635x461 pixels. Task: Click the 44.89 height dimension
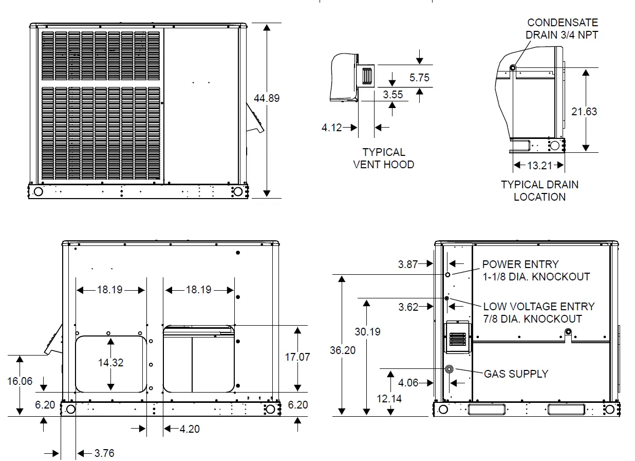[267, 98]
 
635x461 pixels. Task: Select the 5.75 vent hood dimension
[419, 78]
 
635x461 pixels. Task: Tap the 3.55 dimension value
[393, 95]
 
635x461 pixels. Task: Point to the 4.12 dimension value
[332, 127]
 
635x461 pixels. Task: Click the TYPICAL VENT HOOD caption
[384, 158]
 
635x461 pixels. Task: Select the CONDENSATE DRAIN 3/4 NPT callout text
[562, 29]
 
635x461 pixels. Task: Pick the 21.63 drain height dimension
[584, 111]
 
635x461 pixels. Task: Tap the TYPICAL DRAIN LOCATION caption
[539, 190]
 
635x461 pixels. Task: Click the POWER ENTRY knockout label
[535, 270]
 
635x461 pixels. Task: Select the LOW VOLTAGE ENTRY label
[538, 312]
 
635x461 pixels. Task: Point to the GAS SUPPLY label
[516, 374]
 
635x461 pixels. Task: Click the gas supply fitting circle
[450, 369]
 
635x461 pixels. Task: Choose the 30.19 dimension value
[367, 332]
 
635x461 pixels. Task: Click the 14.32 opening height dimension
[111, 363]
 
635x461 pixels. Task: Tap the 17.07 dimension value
[297, 357]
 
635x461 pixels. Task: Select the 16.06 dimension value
[20, 381]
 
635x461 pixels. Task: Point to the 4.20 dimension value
[190, 429]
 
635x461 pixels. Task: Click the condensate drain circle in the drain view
[513, 67]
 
